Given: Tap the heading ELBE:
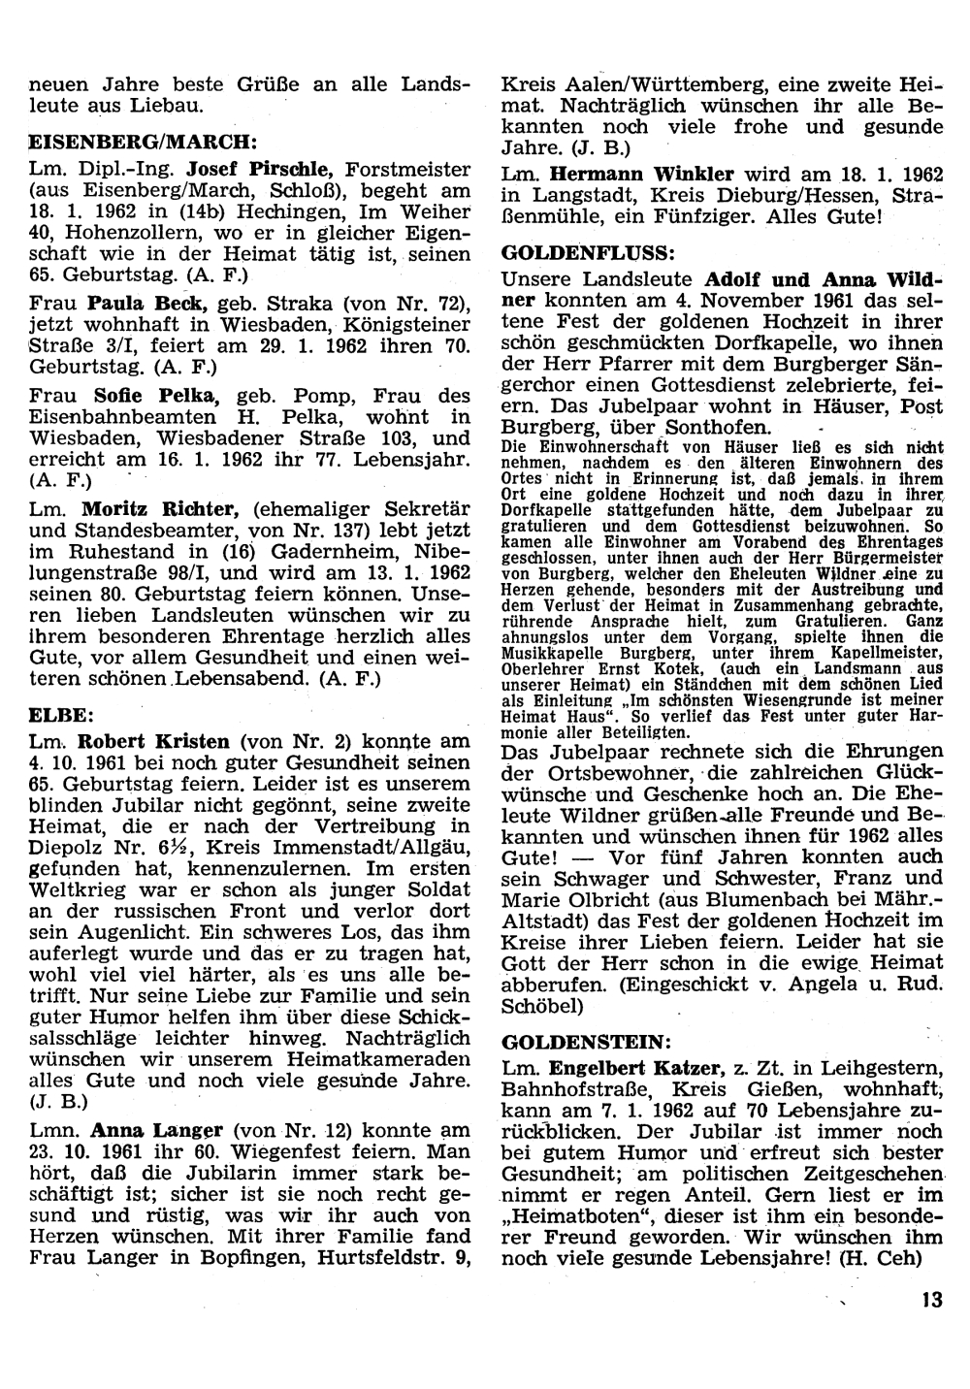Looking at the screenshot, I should click(x=61, y=717).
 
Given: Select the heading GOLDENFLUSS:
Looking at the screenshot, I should click(x=589, y=255).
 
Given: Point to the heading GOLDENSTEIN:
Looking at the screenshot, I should click(x=585, y=1044).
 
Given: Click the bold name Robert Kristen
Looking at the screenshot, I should click(x=153, y=742).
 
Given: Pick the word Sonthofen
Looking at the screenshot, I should click(x=719, y=428).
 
